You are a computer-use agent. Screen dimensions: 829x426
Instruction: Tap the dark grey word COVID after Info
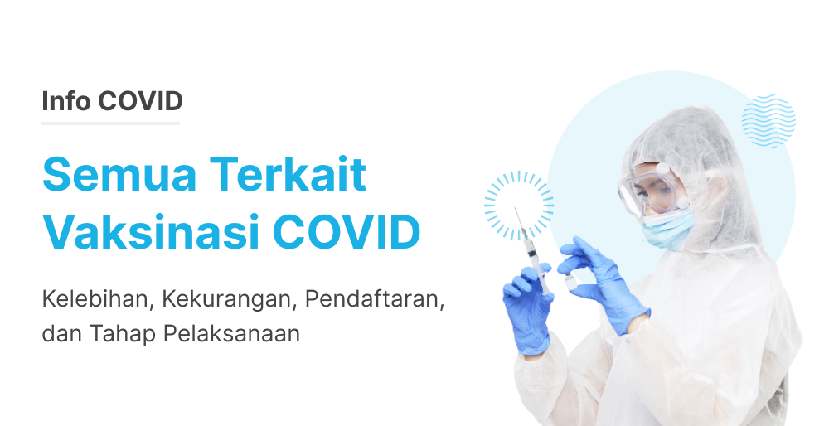click(140, 101)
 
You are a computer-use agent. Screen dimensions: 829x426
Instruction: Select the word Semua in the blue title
click(119, 174)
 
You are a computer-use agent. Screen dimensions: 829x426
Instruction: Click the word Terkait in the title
click(288, 174)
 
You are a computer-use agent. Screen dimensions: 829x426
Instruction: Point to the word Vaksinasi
click(151, 232)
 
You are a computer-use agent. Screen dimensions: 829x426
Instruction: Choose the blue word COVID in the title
click(347, 232)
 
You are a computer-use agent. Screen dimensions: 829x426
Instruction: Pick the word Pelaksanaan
click(231, 333)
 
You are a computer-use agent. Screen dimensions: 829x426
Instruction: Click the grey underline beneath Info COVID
click(110, 123)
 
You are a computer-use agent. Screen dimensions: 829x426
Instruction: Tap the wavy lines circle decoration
click(768, 120)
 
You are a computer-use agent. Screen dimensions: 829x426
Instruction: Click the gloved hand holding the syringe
click(528, 308)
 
